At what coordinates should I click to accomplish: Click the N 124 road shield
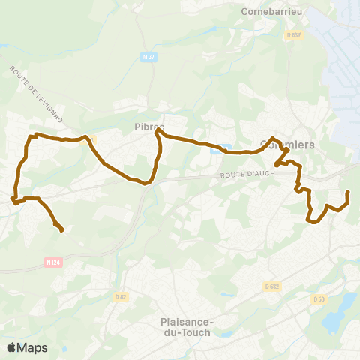click(51, 262)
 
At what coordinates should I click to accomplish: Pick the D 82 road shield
click(120, 297)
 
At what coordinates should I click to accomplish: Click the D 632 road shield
click(271, 286)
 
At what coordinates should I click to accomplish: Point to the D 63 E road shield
click(293, 34)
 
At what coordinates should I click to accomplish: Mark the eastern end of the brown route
click(348, 193)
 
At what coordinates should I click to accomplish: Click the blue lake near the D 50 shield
click(339, 311)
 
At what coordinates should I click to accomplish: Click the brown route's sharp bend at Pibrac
click(157, 132)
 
